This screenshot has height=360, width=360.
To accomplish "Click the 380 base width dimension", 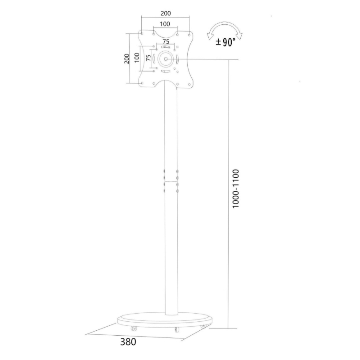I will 128,341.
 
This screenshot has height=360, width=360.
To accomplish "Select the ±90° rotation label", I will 226,42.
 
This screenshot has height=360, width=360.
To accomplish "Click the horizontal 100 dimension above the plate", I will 165,23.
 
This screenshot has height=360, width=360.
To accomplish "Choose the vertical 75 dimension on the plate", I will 148,58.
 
